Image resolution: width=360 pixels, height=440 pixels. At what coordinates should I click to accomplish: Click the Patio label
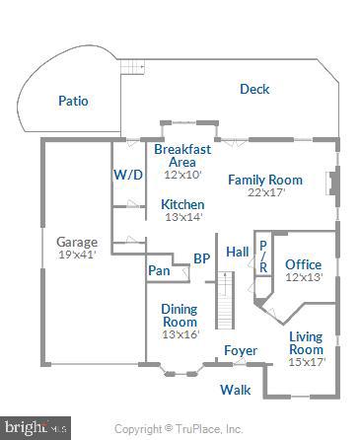(73, 100)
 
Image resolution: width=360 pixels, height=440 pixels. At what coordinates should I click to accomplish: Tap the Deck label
(254, 90)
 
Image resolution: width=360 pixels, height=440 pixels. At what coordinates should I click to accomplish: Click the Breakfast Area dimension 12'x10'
(182, 175)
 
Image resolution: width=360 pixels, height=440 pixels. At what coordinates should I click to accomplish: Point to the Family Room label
(264, 180)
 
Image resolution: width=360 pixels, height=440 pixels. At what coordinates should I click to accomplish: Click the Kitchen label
(182, 204)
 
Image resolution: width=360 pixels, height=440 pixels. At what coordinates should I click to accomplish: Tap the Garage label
(76, 242)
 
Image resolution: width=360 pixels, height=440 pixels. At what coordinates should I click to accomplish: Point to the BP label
(201, 258)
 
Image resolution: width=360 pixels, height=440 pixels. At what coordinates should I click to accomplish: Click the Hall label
(238, 252)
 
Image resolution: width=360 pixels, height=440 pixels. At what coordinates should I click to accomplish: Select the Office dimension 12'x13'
(304, 277)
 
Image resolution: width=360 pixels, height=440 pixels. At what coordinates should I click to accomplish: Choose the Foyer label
(241, 350)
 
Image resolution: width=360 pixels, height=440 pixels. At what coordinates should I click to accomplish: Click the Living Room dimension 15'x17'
(306, 362)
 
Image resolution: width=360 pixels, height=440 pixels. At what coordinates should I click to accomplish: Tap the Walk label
(236, 390)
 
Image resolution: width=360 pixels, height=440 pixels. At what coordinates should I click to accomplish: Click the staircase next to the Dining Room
(226, 300)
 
